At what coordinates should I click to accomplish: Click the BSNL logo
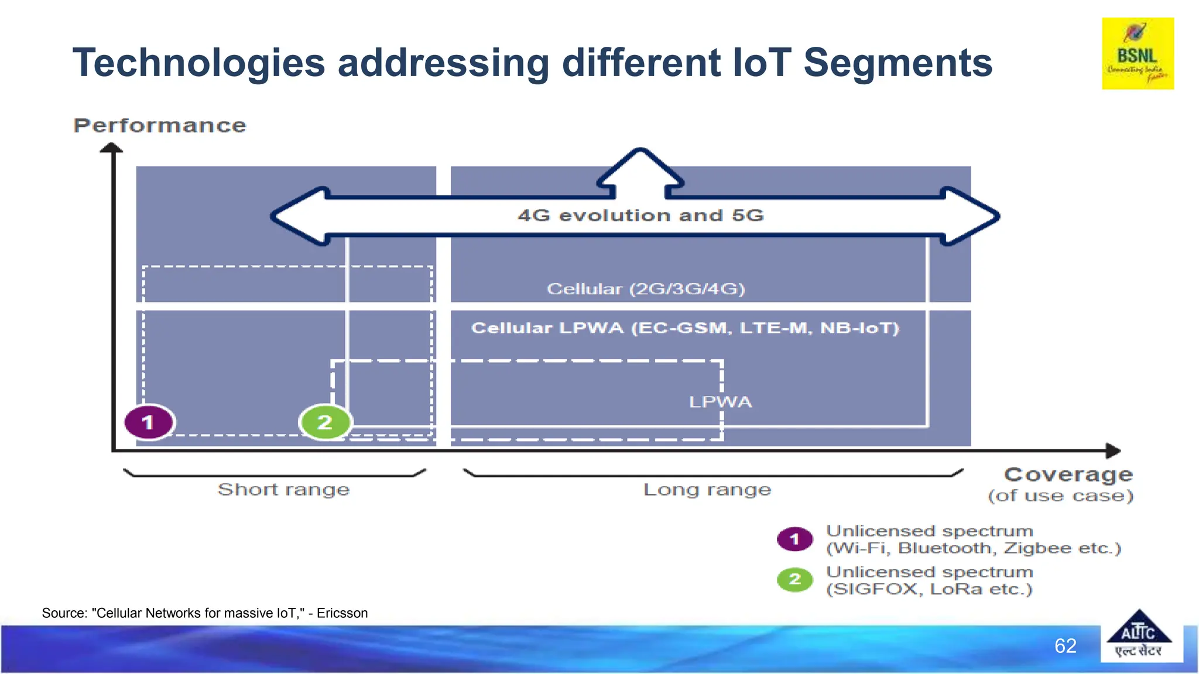tap(1138, 53)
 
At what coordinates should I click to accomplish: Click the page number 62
tap(1065, 646)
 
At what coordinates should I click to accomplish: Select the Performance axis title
tap(160, 125)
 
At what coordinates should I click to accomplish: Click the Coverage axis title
tap(1068, 474)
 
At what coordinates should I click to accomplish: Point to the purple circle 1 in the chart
tap(149, 422)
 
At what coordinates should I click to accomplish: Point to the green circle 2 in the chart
tap(325, 422)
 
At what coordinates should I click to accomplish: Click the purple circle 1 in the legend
tap(794, 539)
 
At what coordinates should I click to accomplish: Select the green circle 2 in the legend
tap(794, 579)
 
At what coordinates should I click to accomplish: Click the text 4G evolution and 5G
tap(640, 215)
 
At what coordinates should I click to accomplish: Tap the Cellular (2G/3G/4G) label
tap(646, 289)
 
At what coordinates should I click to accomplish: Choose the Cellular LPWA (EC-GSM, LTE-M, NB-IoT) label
tap(685, 328)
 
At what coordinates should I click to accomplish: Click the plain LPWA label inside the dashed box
tap(720, 402)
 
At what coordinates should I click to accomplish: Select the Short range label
tap(284, 489)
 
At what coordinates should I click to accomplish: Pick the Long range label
tap(707, 489)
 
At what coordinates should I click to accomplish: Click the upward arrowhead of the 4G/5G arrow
tap(640, 167)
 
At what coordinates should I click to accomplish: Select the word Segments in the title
tap(897, 63)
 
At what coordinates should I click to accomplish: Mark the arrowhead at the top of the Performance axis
tap(111, 147)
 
